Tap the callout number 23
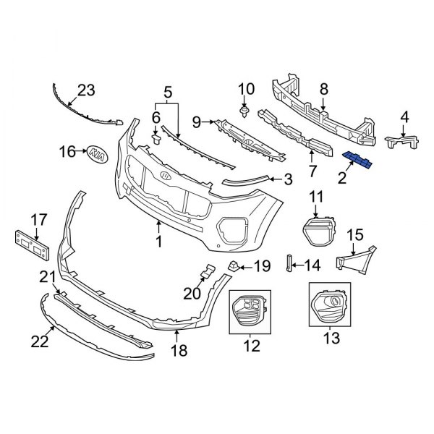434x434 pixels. coord(86,90)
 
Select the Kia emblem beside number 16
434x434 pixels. coord(95,153)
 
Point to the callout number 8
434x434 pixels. coord(324,89)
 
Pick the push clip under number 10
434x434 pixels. coord(245,111)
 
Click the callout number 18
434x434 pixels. coord(178,351)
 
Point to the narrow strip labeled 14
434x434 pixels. coord(289,265)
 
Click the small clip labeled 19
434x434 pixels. coord(234,265)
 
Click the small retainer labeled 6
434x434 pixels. coord(155,137)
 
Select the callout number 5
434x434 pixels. coord(168,92)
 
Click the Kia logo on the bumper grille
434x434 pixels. coord(166,177)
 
